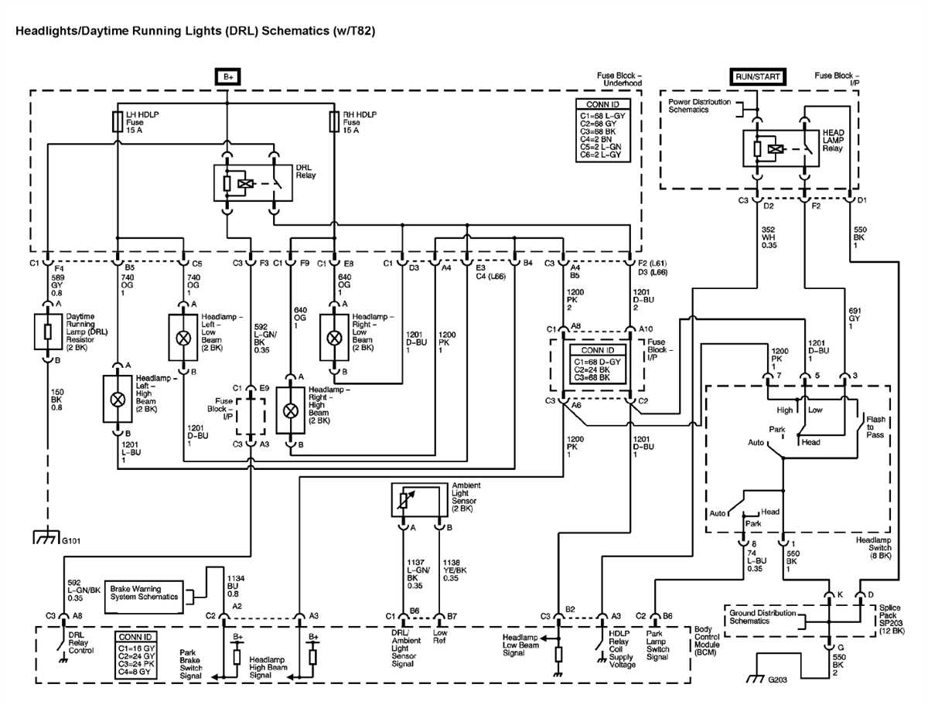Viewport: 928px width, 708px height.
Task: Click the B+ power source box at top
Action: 227,77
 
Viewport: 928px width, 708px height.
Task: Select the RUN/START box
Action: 757,77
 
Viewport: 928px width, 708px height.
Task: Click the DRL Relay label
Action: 305,171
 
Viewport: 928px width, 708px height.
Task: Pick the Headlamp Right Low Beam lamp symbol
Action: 334,338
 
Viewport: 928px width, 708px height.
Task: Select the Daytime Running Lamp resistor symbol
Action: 49,331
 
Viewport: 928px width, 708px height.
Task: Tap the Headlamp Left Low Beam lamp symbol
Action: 183,338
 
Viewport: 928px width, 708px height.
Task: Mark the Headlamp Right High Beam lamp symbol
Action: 291,410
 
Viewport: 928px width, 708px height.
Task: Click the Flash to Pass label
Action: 875,427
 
